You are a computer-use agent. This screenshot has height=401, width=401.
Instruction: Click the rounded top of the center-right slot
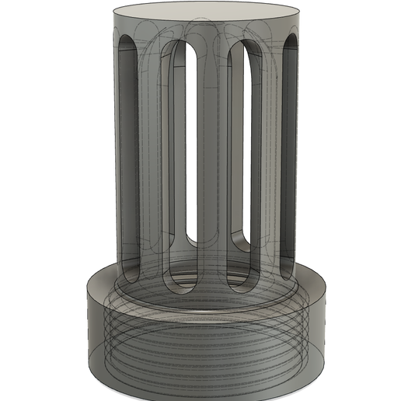(242, 48)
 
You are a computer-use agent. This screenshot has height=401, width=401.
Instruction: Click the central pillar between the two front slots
(211, 155)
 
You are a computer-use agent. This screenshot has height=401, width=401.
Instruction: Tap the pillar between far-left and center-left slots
(152, 155)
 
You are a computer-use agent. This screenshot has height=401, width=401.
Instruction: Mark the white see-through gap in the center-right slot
(237, 155)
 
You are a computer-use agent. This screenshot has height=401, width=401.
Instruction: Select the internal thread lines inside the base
(206, 342)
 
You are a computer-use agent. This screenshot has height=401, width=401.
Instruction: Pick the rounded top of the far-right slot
(291, 43)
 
